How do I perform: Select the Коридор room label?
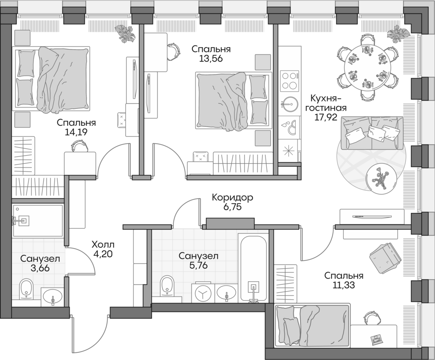tap(233, 198)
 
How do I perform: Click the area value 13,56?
tap(211, 59)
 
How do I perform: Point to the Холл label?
tap(103, 245)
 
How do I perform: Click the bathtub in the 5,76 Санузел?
tap(253, 268)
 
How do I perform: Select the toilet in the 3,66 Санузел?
tap(27, 290)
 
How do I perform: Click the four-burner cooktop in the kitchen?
tap(290, 80)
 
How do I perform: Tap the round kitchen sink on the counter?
tap(290, 103)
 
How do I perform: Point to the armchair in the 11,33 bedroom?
tap(385, 258)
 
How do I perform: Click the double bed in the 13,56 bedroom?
tap(233, 101)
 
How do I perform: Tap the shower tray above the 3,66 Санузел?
tap(37, 220)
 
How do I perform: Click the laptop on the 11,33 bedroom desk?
tap(376, 339)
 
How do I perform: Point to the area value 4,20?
tap(103, 255)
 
